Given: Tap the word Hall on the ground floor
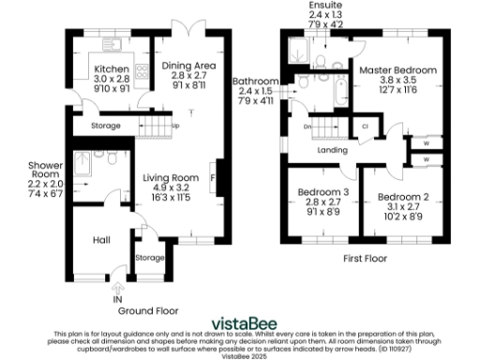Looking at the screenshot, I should point(102,241).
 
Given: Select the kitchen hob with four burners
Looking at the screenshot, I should point(142,71).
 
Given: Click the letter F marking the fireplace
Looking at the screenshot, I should point(214,177).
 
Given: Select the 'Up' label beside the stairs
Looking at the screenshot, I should point(175,125).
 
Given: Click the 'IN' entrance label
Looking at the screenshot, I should point(118,299).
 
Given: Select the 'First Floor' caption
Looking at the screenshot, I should point(363,257).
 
